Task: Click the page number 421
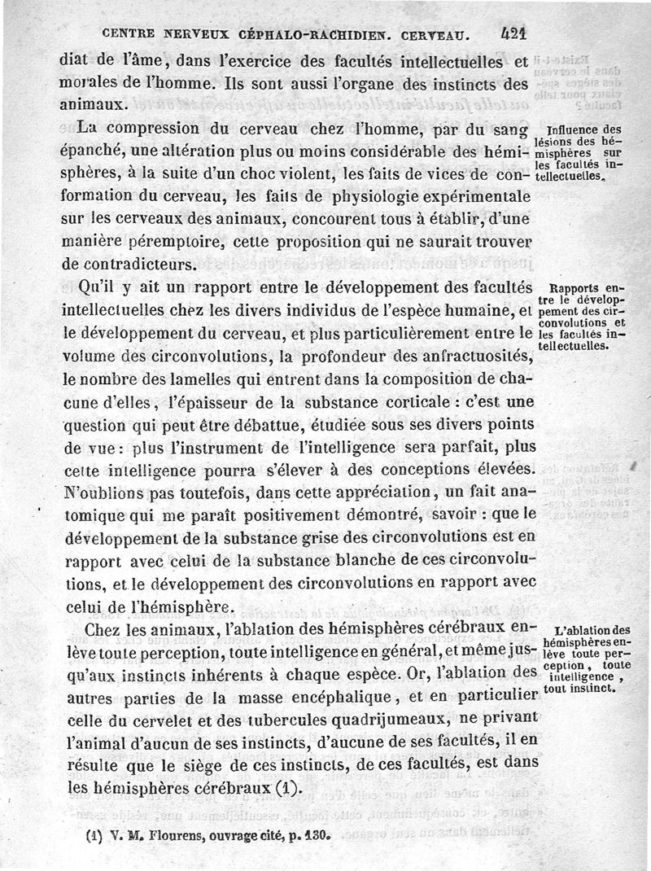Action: click(513, 34)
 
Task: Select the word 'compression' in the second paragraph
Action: click(191, 129)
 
